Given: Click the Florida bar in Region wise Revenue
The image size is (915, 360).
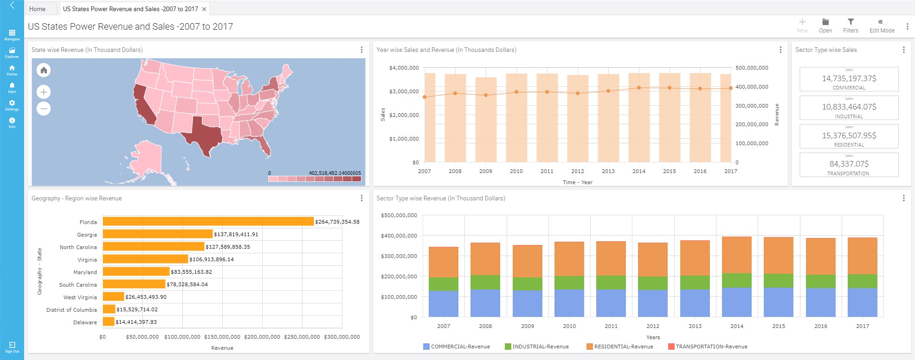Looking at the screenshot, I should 208,222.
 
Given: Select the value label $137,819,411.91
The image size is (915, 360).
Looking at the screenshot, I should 236,234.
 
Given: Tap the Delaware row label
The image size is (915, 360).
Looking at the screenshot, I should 85,322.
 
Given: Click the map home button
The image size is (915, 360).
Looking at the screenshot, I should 44,70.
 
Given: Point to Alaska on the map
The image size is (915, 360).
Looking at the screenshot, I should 147,158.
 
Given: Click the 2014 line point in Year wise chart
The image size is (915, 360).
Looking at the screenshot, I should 639,88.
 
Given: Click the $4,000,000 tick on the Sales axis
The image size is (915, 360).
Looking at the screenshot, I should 404,68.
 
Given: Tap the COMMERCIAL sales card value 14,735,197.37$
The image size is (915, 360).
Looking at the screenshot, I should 849,78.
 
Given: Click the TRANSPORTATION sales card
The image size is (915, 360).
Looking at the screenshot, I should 849,165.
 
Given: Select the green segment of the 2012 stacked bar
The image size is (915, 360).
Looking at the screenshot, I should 653,283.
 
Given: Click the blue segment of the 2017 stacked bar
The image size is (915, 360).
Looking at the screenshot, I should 862,302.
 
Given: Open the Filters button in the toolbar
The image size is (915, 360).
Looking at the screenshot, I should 851,26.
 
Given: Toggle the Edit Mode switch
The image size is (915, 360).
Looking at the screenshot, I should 882,22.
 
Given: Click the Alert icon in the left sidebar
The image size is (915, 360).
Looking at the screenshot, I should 12,87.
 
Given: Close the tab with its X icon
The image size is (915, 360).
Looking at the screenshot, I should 204,9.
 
